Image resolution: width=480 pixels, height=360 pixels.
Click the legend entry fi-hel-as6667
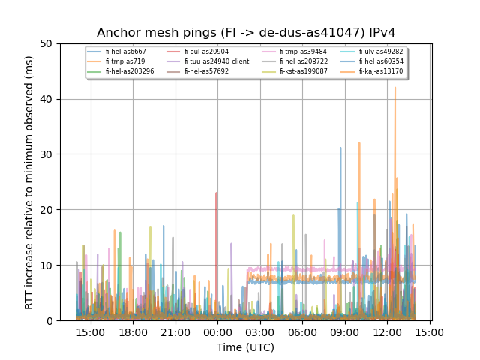tap(125, 52)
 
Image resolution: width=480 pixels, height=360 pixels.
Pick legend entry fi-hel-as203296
tap(130, 71)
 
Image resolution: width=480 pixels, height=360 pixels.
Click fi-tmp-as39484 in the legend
tap(303, 52)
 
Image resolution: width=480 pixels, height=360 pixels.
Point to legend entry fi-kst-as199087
tap(303, 71)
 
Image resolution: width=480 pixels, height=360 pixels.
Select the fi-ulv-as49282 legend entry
tap(380, 52)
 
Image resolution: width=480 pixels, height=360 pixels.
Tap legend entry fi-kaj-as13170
tap(380, 71)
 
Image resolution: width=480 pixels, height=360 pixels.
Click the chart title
tap(246, 33)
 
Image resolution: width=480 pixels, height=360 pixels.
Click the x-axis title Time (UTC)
tap(246, 347)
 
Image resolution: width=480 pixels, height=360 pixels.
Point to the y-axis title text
tap(29, 182)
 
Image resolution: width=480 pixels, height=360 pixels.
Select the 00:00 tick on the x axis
tap(217, 332)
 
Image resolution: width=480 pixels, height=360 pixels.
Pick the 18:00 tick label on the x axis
tap(133, 332)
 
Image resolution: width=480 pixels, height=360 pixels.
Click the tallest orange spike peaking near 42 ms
tap(395, 88)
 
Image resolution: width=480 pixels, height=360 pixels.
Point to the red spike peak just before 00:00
tap(217, 193)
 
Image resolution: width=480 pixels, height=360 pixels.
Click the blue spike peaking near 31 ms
tap(340, 148)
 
